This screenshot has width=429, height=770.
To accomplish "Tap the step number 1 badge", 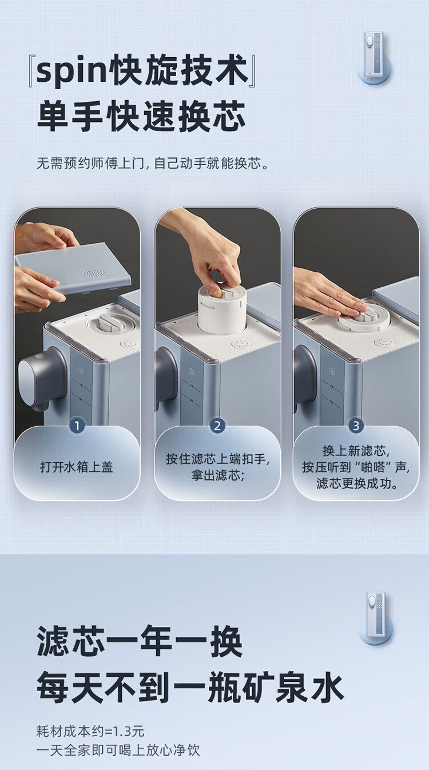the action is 77,426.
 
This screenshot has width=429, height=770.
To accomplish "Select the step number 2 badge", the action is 217,426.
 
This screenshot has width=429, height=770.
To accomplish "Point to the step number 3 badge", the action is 356,426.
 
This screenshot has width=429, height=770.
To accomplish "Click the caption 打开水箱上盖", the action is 77,467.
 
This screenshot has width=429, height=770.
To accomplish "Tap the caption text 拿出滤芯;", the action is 218,475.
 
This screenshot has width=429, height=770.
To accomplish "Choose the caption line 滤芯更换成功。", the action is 357,483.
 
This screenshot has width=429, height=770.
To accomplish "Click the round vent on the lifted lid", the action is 93,273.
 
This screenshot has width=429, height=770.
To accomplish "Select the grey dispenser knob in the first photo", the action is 41,378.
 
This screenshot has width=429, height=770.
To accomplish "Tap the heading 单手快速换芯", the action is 141,116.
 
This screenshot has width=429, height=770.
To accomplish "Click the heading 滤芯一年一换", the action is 140,641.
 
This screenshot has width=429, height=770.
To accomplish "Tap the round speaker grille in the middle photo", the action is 241,344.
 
